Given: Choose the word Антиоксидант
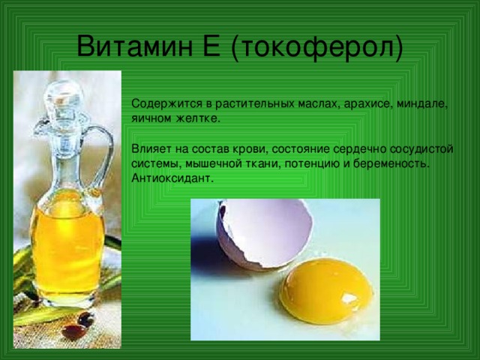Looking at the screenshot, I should (172, 178).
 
